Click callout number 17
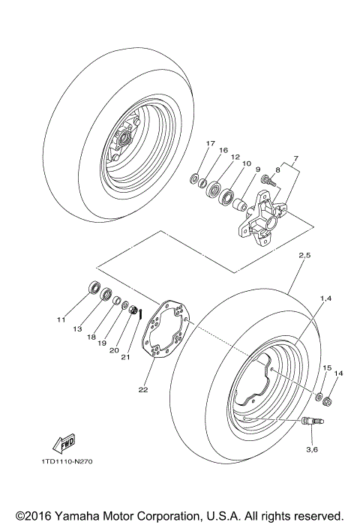pos(210,143)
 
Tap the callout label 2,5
pos(305,256)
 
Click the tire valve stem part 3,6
pos(310,422)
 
